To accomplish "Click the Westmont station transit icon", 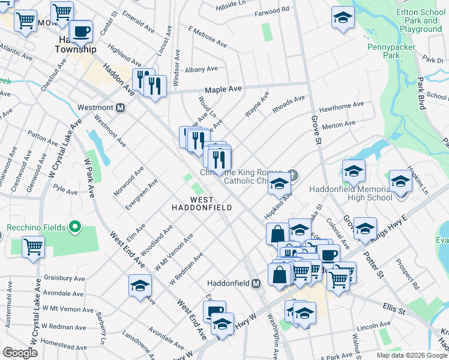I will [120, 108].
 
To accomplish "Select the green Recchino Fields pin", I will [75, 227].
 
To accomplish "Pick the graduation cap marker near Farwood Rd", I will [343, 17].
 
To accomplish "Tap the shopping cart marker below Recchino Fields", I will [34, 247].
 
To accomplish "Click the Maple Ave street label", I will [223, 89].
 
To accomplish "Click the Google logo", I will [20, 353].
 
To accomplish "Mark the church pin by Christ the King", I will [292, 175].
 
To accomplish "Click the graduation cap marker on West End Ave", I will [140, 286].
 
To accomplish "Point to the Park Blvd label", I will [421, 93].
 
